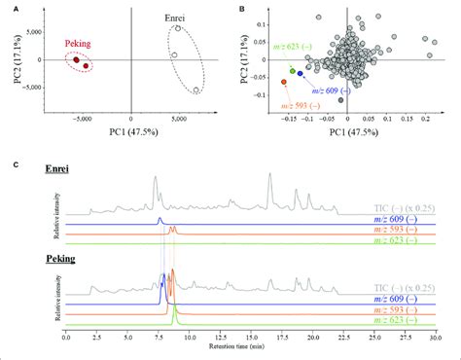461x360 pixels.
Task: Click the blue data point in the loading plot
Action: coord(301,74)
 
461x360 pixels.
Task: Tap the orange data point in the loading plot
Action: coord(284,81)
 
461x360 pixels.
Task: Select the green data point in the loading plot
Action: coord(293,71)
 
